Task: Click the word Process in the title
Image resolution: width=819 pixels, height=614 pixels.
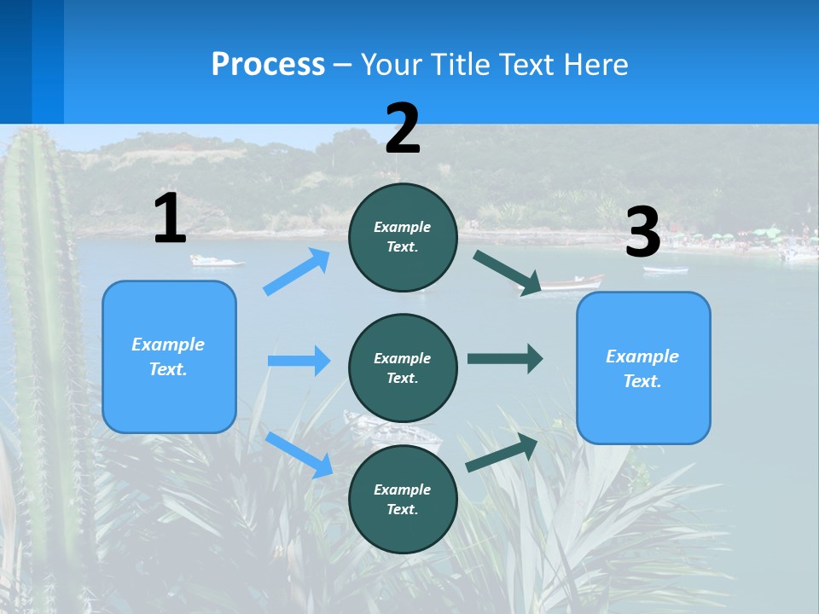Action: pos(268,65)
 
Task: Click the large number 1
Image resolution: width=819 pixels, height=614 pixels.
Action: pos(170,219)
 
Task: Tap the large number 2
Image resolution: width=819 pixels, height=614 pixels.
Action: pos(403,129)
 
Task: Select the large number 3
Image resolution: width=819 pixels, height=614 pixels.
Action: pos(642,233)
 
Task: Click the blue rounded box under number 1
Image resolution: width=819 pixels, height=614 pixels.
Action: pos(169,356)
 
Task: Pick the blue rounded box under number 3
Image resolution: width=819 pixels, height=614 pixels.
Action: pos(643,368)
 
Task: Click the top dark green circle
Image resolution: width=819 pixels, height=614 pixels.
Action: pos(403,237)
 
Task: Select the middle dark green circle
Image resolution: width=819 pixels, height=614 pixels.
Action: pos(403,368)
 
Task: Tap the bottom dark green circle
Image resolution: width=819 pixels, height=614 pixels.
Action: pos(403,499)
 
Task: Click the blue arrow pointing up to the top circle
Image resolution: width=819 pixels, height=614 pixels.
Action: pos(297,272)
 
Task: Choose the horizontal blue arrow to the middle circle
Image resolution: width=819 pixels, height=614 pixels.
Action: pos(299,361)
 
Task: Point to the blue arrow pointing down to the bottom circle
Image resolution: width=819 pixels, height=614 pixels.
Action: pos(299,455)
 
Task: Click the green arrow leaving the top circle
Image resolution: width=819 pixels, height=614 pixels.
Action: pos(507,273)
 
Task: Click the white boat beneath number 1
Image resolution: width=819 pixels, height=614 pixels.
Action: pos(215,261)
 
